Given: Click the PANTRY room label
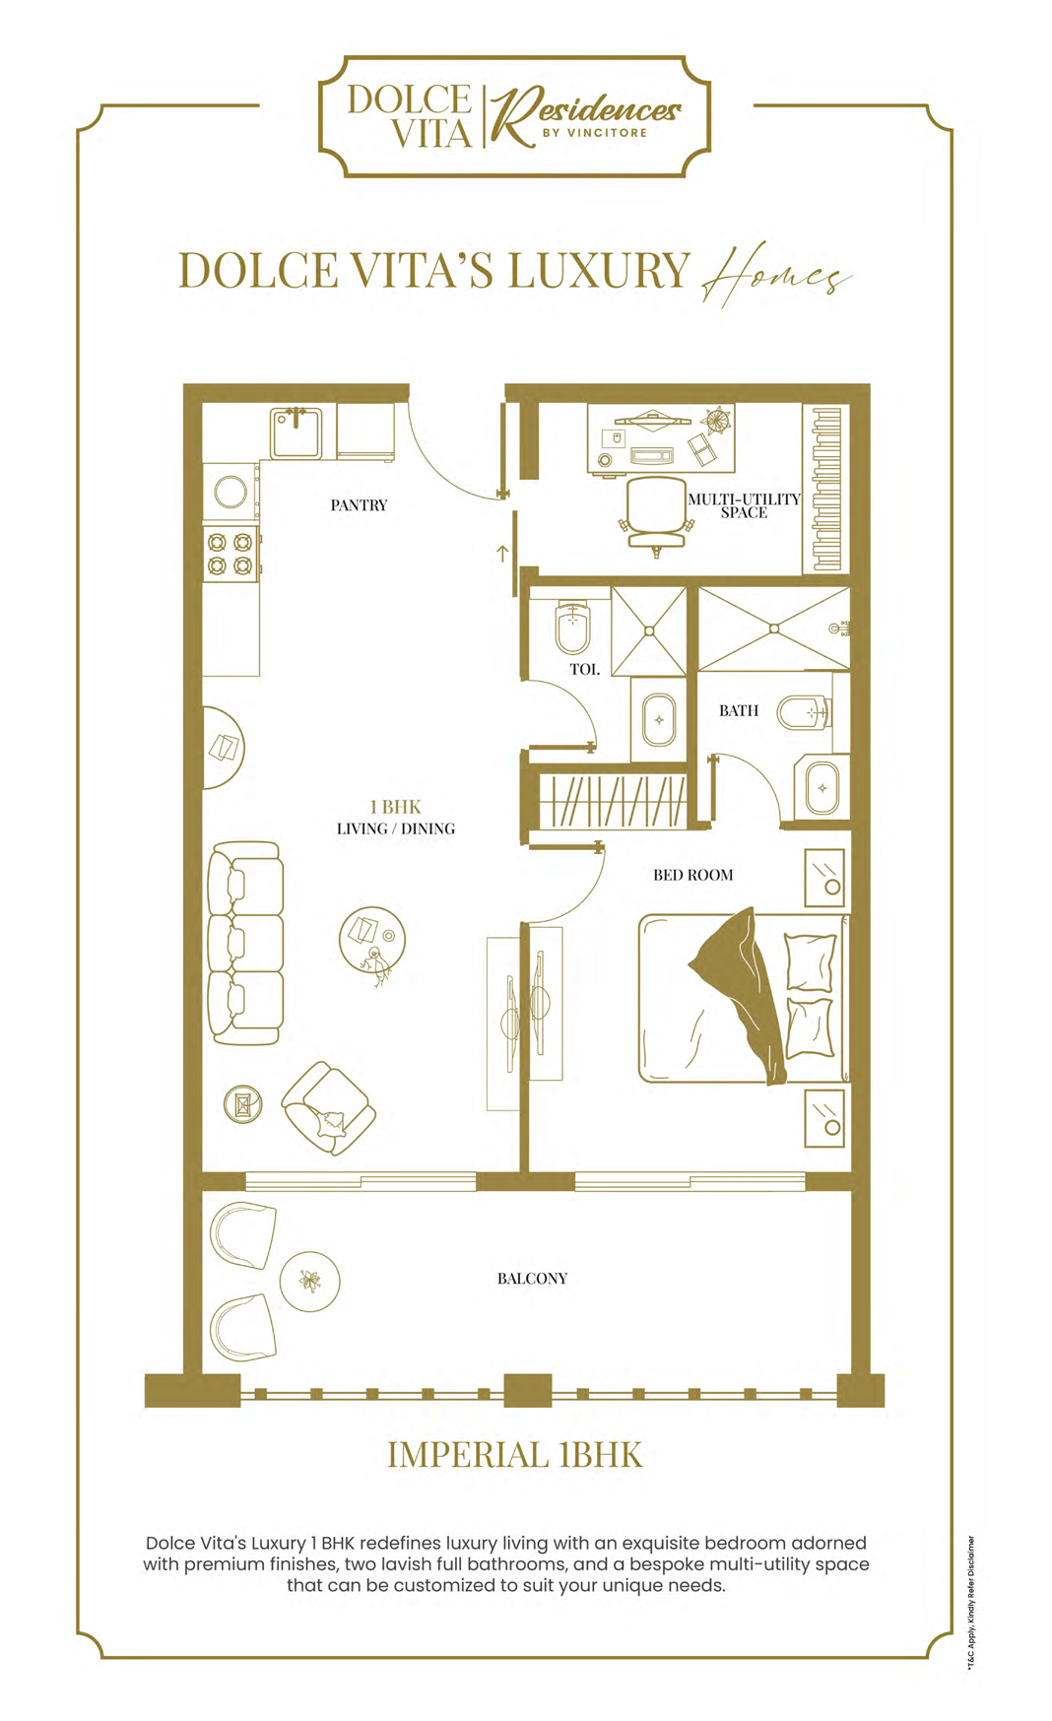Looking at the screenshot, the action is pos(359,505).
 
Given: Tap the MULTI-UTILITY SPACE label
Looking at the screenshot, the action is pos(744,505).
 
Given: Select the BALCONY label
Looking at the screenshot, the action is pos(532,1279).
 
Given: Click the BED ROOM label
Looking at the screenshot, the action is pos(693,875).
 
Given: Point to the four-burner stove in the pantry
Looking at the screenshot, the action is pos(231,554).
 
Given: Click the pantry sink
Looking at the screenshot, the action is pos(296,433).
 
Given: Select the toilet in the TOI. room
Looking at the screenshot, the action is pos(572,628).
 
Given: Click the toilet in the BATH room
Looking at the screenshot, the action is pos(804,711).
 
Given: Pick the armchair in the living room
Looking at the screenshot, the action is pos(328,1107).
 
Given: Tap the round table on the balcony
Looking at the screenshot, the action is pos(310,1282).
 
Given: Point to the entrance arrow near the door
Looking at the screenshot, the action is pos(502,554).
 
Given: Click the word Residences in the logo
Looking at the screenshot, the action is pos(586,110).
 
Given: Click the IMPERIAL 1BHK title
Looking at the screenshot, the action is pos(514,1455).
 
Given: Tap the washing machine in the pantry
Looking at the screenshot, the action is pos(231,492).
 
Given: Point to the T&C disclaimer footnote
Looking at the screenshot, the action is pos(970,1602).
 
